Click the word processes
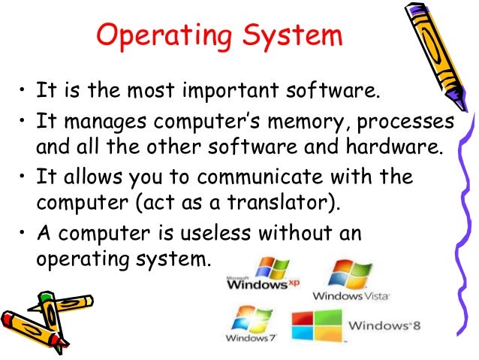(409, 122)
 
